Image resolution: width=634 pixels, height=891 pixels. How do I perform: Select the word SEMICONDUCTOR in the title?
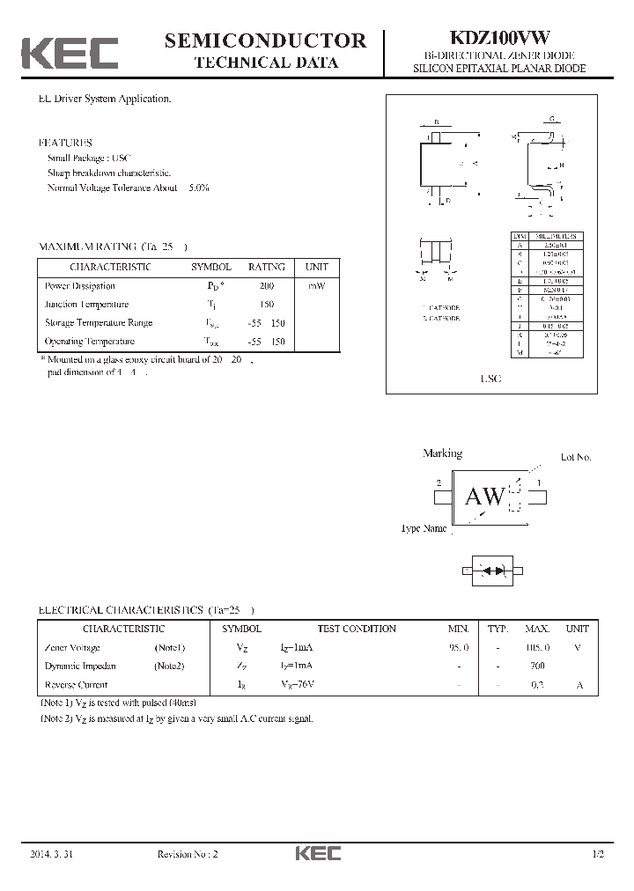pos(265,40)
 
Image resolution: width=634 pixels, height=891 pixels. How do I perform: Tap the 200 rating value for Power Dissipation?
pos(267,286)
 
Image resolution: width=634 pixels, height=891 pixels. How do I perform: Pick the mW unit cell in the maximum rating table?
pos(316,286)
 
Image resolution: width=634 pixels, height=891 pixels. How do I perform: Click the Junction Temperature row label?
pos(86,304)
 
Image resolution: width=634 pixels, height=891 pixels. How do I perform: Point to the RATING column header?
pos(266,267)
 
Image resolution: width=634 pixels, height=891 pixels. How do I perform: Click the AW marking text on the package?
pos(484,497)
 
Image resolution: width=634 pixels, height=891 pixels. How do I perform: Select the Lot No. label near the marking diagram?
pos(576,457)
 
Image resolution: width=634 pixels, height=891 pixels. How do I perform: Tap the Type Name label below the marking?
pos(424,529)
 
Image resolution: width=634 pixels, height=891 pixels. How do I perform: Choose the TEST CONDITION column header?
pos(357,629)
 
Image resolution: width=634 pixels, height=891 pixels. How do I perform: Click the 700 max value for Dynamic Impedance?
pos(536,666)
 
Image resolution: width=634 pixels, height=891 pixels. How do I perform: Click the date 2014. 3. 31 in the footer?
pos(53,854)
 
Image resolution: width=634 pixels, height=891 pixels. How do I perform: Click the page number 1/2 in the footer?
pos(599,854)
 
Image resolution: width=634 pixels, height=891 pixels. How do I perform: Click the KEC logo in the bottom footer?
pos(317,854)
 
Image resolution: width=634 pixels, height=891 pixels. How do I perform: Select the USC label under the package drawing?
pos(490,378)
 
